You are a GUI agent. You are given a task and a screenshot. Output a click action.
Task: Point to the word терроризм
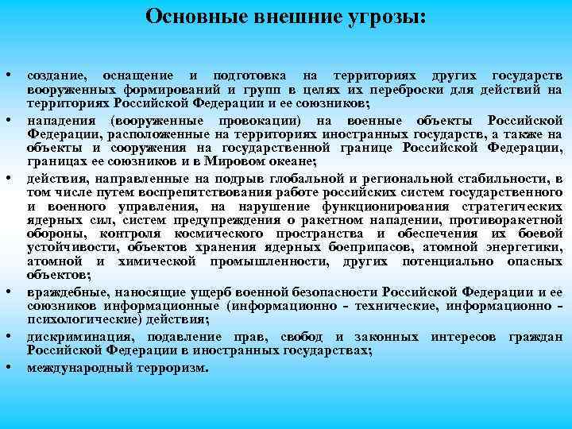(x=171, y=368)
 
